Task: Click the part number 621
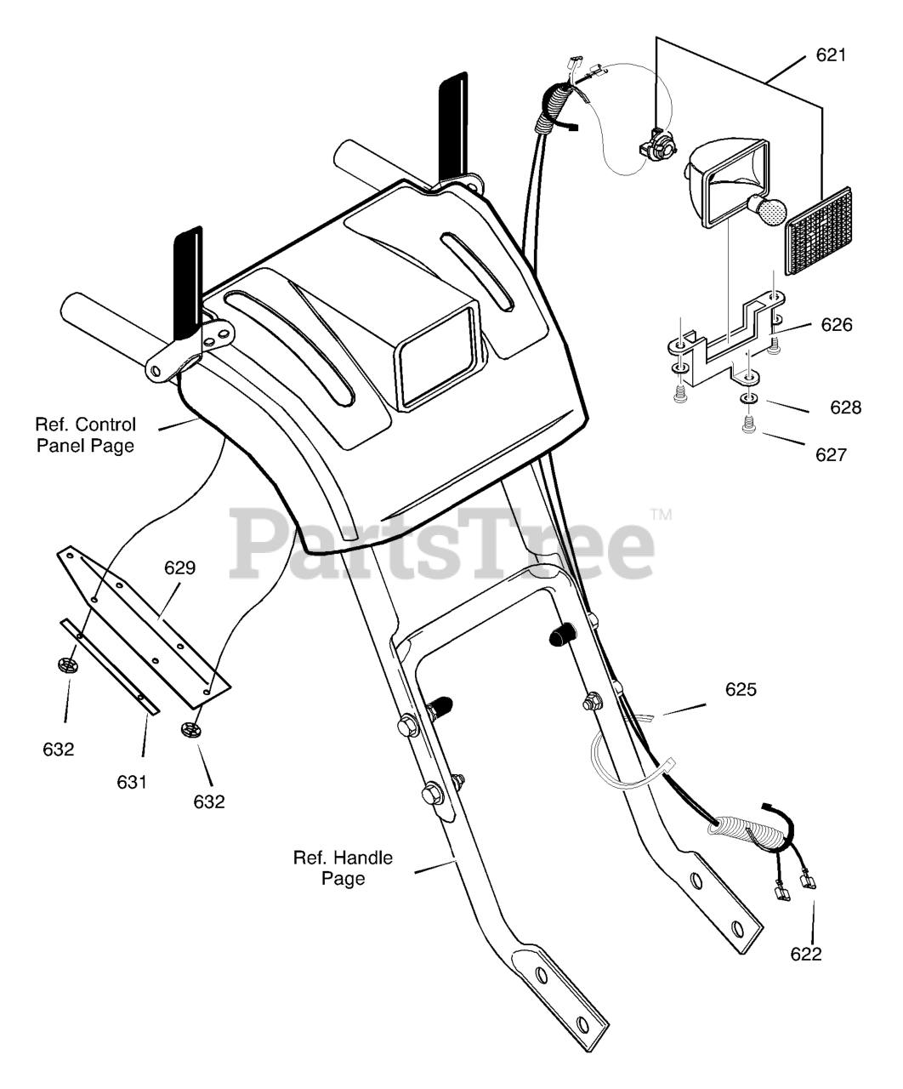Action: point(830,56)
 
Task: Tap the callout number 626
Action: point(836,325)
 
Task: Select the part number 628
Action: point(845,408)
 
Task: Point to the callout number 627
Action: point(830,454)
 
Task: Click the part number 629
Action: point(180,567)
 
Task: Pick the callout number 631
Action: point(132,780)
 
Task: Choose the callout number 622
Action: point(805,954)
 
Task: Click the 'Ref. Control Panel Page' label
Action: point(85,434)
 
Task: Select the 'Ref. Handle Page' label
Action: point(343,868)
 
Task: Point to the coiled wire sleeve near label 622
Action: point(749,831)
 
